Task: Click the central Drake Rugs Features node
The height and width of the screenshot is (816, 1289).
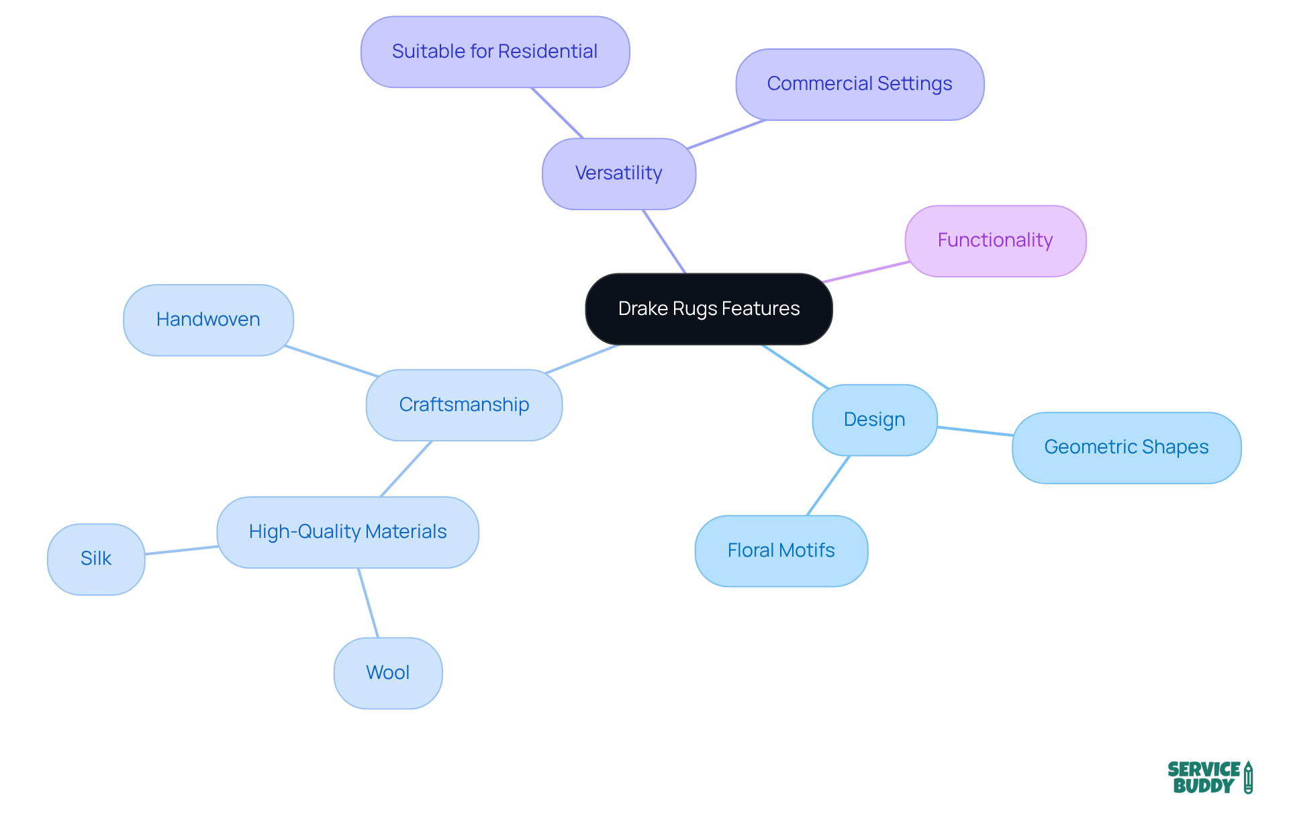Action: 708,309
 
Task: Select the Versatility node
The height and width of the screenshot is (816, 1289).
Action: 618,173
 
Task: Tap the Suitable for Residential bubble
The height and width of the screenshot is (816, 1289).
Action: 495,52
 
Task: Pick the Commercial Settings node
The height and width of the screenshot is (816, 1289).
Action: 859,84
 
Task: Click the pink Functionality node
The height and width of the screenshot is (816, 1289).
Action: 995,240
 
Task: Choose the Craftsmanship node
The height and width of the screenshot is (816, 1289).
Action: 464,405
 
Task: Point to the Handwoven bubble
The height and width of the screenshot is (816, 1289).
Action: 208,320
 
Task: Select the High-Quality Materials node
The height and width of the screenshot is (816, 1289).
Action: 348,532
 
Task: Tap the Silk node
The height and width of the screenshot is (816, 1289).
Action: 96,559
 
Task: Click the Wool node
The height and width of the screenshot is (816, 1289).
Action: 388,673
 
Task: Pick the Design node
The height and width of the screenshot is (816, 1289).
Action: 874,420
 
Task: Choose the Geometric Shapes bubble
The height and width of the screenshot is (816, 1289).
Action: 1126,447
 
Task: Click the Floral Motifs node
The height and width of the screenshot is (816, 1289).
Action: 781,551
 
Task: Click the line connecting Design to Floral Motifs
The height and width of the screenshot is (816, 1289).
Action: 828,486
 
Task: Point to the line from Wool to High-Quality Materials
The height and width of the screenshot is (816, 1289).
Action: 368,602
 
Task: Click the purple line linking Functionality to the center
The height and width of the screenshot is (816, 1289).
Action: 866,272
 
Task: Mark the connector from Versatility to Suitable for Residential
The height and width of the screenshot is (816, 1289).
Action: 557,113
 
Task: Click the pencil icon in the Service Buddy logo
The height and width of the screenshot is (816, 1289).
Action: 1248,777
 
